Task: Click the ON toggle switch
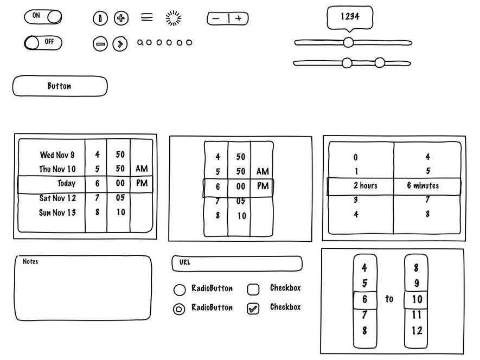[43, 17]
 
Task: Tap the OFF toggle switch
[43, 42]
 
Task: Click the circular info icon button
[100, 18]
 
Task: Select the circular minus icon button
[100, 44]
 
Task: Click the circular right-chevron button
[120, 44]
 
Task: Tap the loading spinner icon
[173, 18]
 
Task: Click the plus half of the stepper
[239, 18]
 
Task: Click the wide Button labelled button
[60, 86]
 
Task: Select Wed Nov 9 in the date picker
[57, 155]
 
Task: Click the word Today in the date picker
[66, 183]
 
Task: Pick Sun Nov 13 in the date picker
[57, 213]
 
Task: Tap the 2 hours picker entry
[366, 185]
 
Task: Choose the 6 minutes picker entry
[423, 185]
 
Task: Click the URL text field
[237, 263]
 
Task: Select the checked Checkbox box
[253, 308]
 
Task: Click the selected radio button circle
[179, 309]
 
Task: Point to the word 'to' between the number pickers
[389, 299]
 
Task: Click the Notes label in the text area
[30, 261]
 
